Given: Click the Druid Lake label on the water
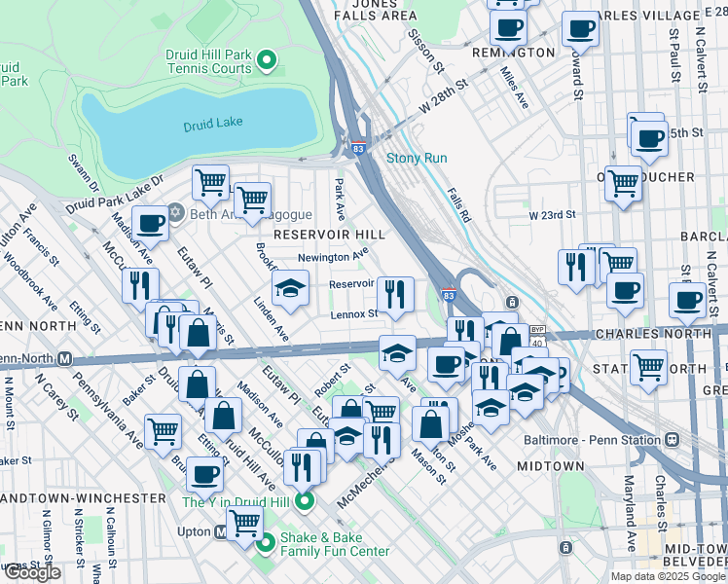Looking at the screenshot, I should click(213, 125).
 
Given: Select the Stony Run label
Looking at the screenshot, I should click(417, 158).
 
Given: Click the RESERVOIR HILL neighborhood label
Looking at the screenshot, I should click(329, 235).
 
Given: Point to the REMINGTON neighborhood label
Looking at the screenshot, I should click(513, 53).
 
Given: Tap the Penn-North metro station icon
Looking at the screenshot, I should click(65, 358).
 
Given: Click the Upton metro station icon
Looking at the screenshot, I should click(222, 532).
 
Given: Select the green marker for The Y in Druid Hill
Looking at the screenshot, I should click(305, 501).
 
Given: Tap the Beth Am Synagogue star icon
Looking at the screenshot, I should click(176, 213).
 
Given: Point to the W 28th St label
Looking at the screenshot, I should click(444, 97).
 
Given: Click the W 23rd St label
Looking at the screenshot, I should click(553, 214).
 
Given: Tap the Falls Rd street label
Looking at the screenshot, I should click(459, 205).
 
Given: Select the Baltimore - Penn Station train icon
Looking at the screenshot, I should click(672, 438).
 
